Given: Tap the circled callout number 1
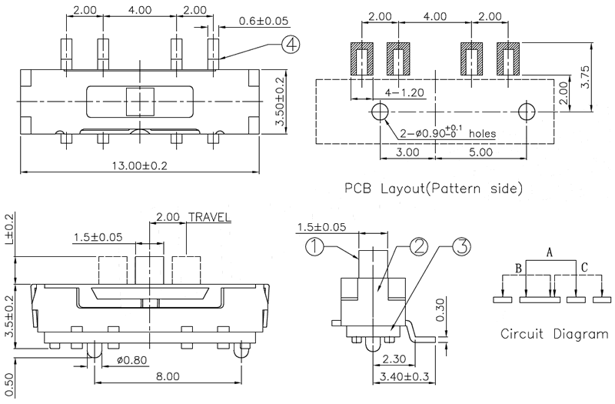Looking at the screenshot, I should pyautogui.click(x=315, y=247).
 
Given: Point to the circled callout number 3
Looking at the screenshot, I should pyautogui.click(x=462, y=247).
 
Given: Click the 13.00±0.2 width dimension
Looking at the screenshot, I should pyautogui.click(x=141, y=164).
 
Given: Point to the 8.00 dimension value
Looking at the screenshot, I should pyautogui.click(x=168, y=376).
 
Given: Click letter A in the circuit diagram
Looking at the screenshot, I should pyautogui.click(x=549, y=252).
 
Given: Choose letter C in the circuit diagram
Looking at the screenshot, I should pyautogui.click(x=585, y=268).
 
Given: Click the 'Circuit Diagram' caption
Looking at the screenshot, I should pyautogui.click(x=553, y=334).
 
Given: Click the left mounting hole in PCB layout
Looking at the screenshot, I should pyautogui.click(x=379, y=112).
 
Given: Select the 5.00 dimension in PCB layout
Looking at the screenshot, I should pyautogui.click(x=481, y=152).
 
